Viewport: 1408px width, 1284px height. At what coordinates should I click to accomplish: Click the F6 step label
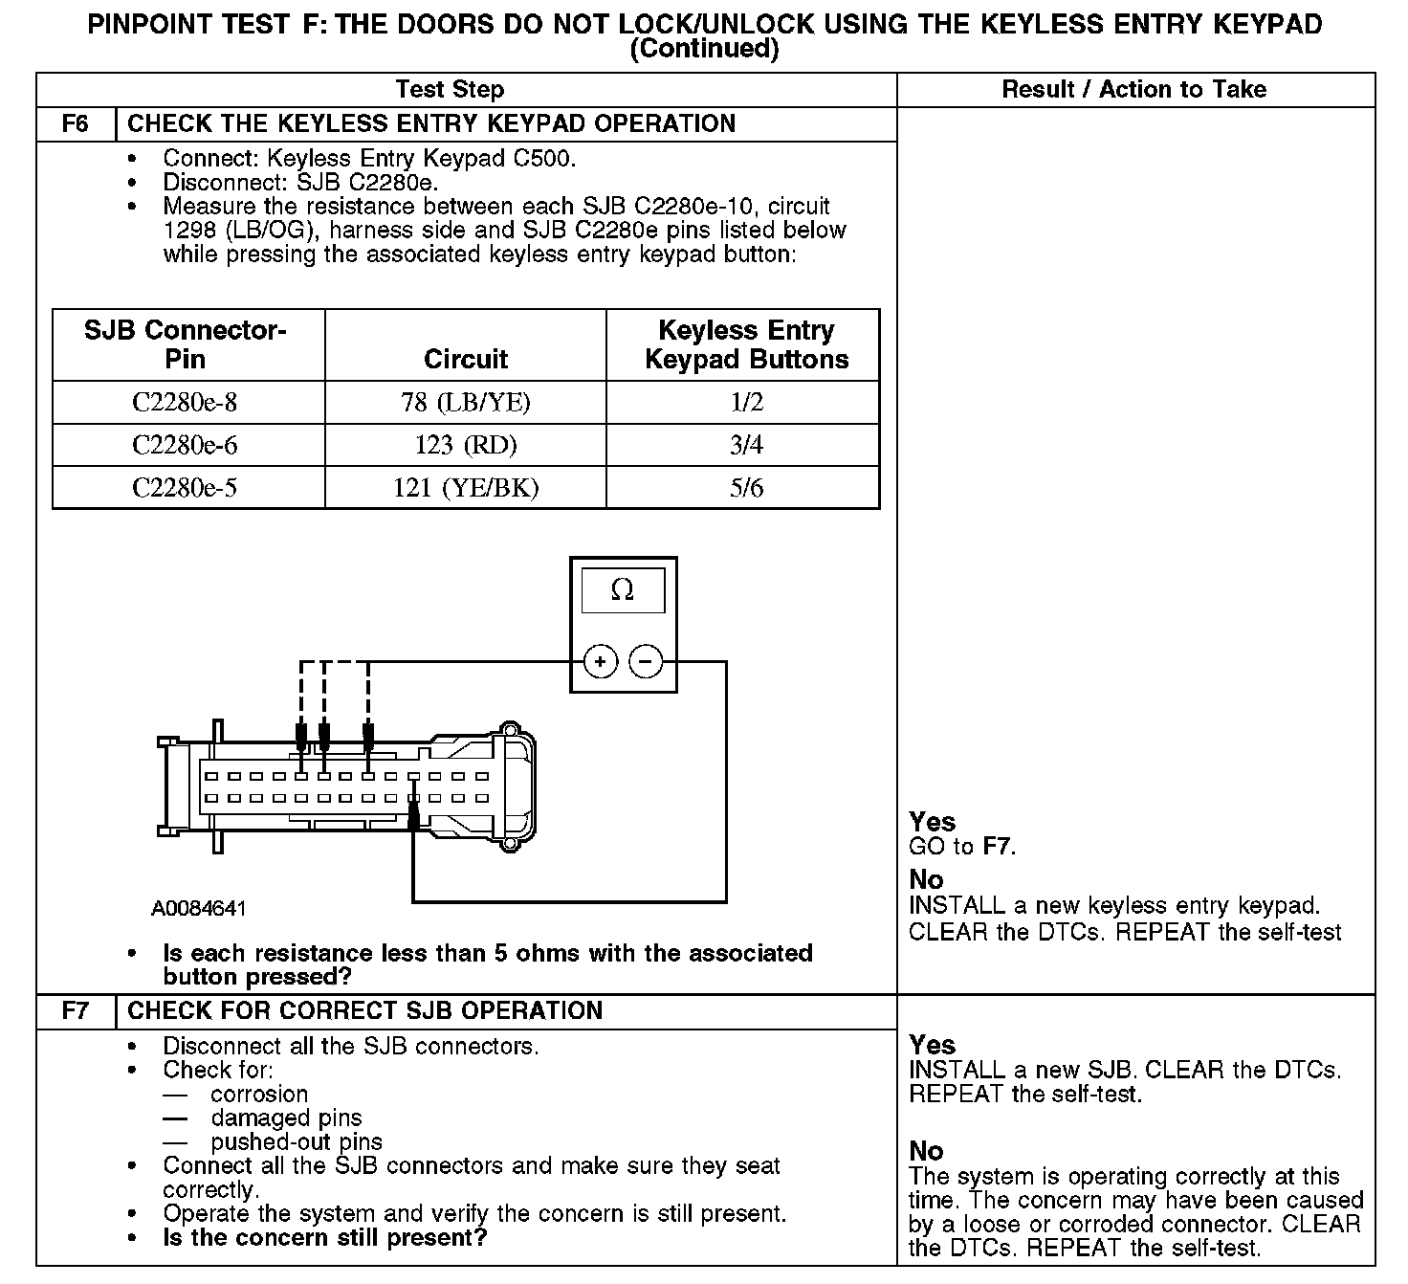75,124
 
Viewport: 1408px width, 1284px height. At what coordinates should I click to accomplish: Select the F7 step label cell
75,1011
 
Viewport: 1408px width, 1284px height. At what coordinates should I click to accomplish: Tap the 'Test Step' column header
450,90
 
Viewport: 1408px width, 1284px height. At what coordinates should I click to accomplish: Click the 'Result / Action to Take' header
1133,90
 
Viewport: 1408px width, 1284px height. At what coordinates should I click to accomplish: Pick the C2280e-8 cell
185,403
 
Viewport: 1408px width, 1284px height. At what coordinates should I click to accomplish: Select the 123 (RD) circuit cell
466,446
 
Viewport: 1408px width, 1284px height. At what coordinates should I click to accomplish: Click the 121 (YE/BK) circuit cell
466,489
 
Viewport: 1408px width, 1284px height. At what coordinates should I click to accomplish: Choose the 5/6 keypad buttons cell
746,489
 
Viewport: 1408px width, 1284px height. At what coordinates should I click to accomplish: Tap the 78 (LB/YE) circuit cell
466,403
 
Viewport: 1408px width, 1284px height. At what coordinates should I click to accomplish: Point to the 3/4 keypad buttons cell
746,446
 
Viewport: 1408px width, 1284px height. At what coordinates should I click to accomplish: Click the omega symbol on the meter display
622,590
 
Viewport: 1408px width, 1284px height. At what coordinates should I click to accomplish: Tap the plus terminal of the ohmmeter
600,662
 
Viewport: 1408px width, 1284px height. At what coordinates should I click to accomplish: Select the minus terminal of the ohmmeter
646,662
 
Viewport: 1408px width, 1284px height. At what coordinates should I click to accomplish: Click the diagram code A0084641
198,908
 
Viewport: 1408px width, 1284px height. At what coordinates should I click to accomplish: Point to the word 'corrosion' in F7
259,1095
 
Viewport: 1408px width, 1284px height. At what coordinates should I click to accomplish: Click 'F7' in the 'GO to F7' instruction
998,847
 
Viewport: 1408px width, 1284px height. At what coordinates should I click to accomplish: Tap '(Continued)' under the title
704,49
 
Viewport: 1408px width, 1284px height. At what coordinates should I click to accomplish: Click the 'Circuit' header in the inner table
466,360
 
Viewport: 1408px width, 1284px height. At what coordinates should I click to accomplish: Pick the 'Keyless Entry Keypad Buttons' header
746,345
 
